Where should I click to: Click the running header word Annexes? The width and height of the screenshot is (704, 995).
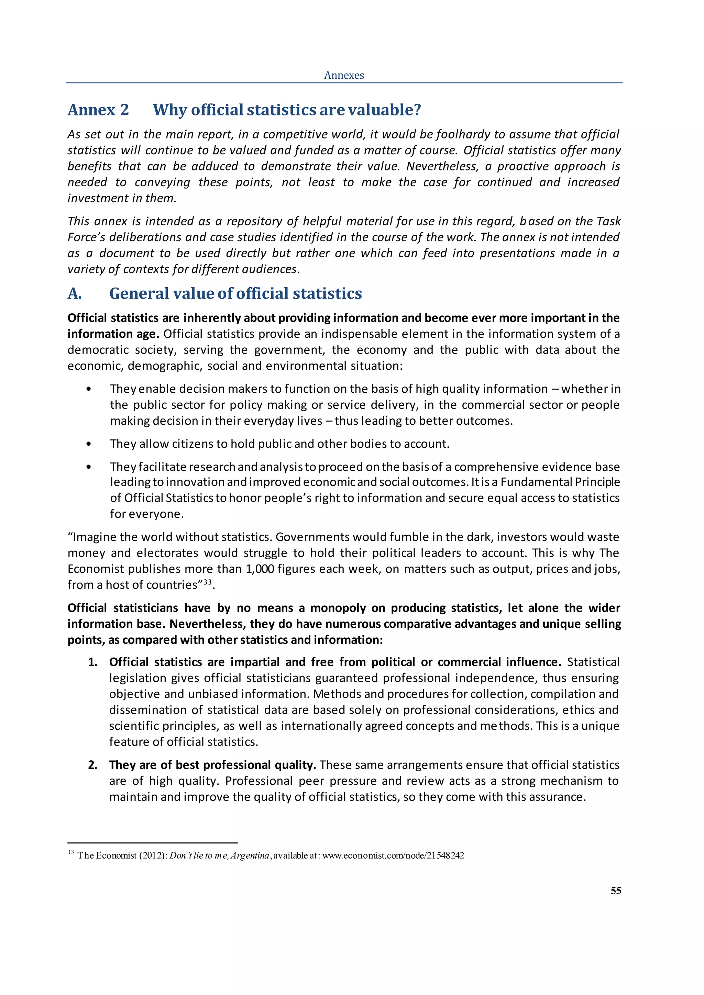(344, 75)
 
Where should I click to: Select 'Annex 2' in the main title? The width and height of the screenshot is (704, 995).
(98, 110)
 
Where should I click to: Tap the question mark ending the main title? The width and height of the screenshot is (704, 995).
(417, 110)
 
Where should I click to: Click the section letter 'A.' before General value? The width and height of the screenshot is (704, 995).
(75, 293)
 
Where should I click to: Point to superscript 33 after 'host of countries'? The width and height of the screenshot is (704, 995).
(207, 582)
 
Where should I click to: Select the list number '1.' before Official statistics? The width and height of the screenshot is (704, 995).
(92, 662)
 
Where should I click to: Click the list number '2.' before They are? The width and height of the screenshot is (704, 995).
(92, 765)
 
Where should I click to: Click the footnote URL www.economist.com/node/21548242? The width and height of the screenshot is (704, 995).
(393, 856)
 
